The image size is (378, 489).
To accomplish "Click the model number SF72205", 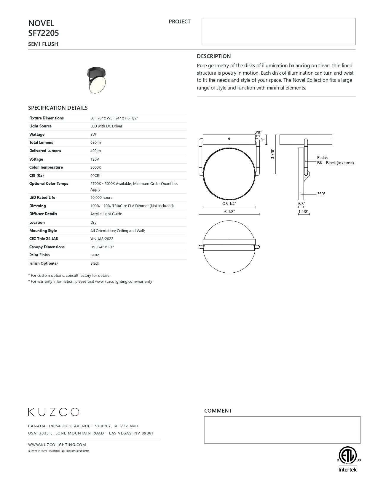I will pyautogui.click(x=44, y=33).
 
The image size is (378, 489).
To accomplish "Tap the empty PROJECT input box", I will pyautogui.click(x=278, y=31).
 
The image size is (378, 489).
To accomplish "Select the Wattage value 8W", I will pyautogui.click(x=93, y=135).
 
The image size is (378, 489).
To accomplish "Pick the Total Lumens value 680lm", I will pyautogui.click(x=95, y=143).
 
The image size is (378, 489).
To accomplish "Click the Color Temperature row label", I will pyautogui.click(x=46, y=167).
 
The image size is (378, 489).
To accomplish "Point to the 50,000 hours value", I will pyautogui.click(x=101, y=198).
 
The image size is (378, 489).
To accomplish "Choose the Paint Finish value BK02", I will pyautogui.click(x=95, y=255).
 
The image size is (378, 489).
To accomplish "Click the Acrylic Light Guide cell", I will pyautogui.click(x=106, y=214).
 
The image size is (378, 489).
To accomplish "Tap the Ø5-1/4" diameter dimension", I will pyautogui.click(x=229, y=204).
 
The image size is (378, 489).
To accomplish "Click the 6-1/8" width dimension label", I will pyautogui.click(x=229, y=212).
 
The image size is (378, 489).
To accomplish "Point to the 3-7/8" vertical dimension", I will pyautogui.click(x=272, y=154).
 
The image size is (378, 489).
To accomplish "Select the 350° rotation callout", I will pyautogui.click(x=321, y=194).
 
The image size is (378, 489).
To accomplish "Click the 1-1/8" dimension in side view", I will pyautogui.click(x=303, y=212).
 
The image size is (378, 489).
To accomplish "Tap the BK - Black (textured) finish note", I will pyautogui.click(x=335, y=163).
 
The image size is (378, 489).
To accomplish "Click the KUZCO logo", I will pyautogui.click(x=54, y=412).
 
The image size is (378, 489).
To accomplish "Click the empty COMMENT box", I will pyautogui.click(x=282, y=430).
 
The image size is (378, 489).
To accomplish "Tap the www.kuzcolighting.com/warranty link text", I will pyautogui.click(x=124, y=282).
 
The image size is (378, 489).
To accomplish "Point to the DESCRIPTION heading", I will pyautogui.click(x=214, y=56).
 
